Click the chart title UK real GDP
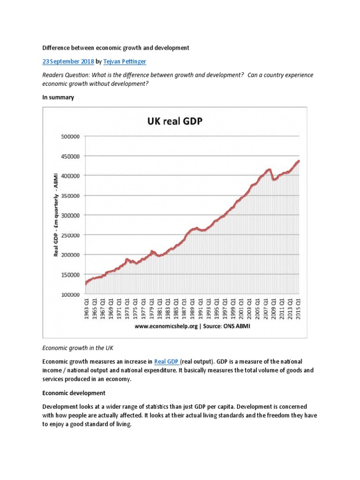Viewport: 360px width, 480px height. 173,122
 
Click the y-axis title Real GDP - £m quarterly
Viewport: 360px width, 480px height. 56,213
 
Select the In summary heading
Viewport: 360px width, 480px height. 59,97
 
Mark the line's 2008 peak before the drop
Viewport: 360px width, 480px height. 269,169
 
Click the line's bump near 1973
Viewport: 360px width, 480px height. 127,259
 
